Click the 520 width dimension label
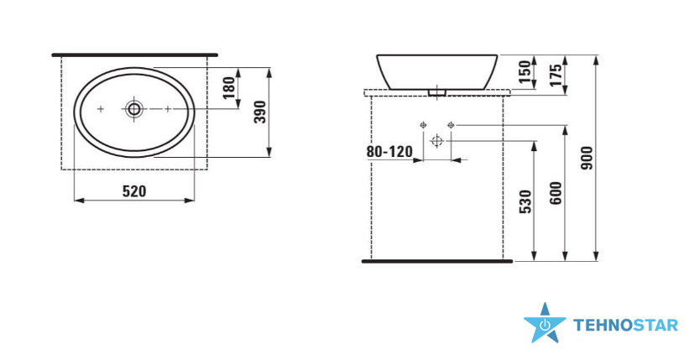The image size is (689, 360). [134, 191]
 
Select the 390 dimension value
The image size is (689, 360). [260, 112]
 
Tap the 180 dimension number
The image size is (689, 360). [229, 88]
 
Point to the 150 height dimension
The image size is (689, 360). [525, 72]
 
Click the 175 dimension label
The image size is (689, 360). [556, 76]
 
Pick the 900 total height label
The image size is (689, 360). [587, 159]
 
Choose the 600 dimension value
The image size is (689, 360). [556, 193]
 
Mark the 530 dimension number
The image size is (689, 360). [525, 201]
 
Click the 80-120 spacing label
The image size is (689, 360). [389, 152]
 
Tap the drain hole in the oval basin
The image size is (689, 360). [134, 108]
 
